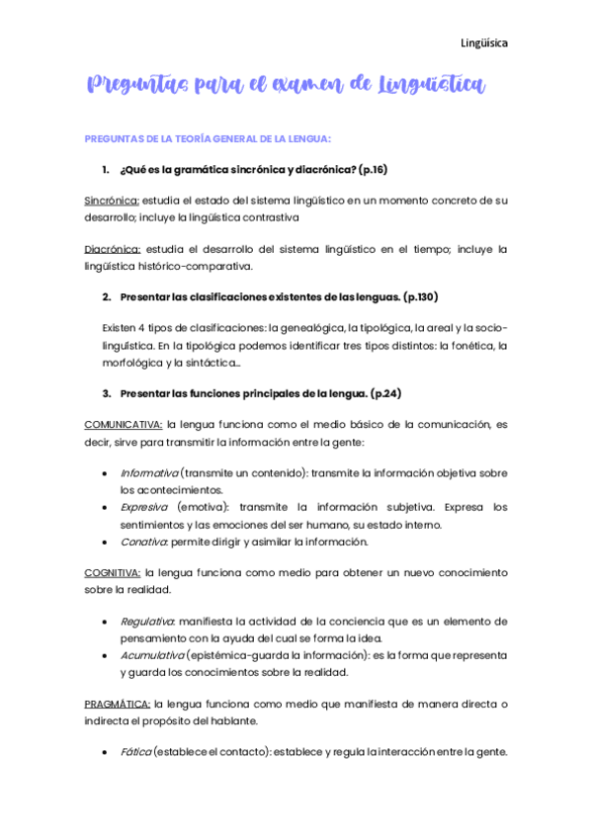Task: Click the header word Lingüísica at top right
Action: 484,42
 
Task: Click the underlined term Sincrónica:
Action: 112,200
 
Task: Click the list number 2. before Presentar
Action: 106,296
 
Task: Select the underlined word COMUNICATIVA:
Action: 123,424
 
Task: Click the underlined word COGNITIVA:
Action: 112,572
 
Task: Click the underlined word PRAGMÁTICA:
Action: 117,703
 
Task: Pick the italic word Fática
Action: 136,752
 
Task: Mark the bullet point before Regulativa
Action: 106,622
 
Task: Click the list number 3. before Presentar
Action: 106,393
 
